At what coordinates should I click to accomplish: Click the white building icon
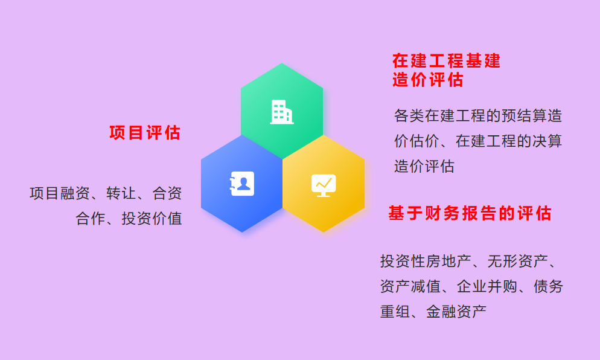point(282,112)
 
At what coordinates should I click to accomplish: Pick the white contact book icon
point(242,184)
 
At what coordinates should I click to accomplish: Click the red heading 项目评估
point(145,133)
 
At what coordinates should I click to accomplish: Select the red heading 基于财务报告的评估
point(470,213)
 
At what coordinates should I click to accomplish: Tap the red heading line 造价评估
point(428,80)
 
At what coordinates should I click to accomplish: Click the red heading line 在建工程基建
point(446,61)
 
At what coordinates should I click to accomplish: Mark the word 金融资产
point(456,312)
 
